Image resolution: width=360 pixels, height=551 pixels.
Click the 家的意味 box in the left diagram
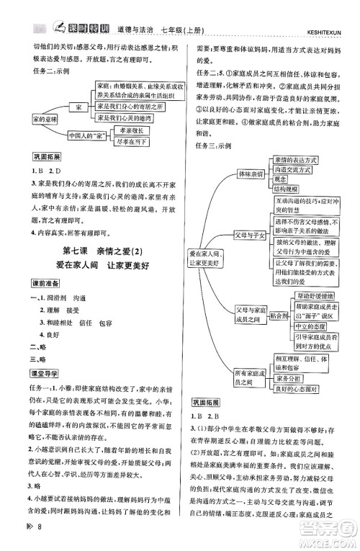[x=35, y=118]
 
